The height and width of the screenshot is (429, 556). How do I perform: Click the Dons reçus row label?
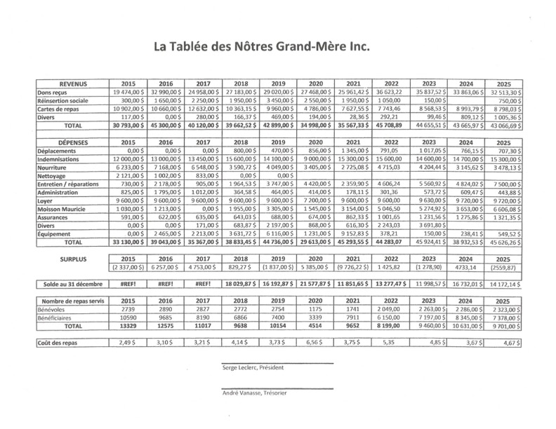coord(52,93)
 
